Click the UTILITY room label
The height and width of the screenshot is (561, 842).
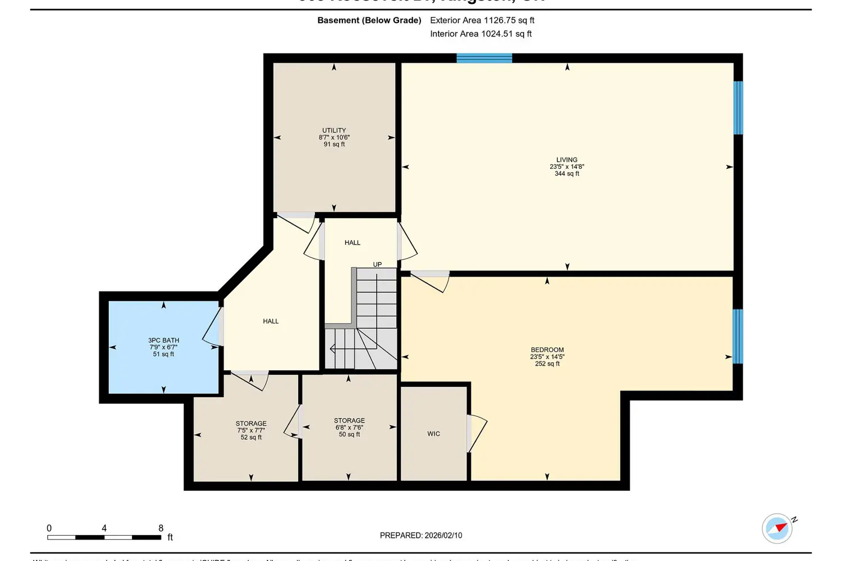[334, 130]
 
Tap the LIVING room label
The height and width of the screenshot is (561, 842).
[567, 160]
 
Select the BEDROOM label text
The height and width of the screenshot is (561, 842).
[547, 350]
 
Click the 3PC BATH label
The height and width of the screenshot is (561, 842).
[163, 340]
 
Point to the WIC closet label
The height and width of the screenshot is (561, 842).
[433, 434]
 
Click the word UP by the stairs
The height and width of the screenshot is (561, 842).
[377, 264]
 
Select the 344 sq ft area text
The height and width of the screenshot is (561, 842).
[567, 174]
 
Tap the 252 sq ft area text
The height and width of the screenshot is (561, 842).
[547, 364]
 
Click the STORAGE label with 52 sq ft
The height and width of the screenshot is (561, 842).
[251, 424]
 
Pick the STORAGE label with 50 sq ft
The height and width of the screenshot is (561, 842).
[349, 420]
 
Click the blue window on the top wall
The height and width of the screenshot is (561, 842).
[484, 58]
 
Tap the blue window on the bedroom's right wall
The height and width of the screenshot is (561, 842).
[738, 336]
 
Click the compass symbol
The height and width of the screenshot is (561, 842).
[777, 528]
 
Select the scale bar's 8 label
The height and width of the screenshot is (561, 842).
[161, 528]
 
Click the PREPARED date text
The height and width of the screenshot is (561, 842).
[421, 535]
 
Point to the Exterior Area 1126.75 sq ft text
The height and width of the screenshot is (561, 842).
[482, 20]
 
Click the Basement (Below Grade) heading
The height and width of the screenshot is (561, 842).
[369, 20]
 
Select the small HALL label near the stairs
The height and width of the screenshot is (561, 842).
[353, 242]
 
